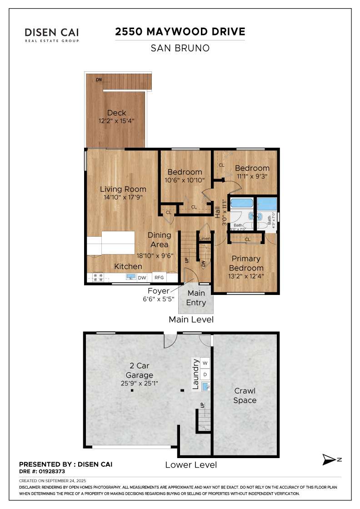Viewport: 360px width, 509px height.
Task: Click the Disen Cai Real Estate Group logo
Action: pyautogui.click(x=52, y=35)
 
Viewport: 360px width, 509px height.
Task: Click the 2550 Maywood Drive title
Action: pyautogui.click(x=180, y=32)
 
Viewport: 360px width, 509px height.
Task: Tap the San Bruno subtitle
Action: pyautogui.click(x=180, y=48)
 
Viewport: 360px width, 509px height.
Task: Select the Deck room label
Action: pyautogui.click(x=116, y=113)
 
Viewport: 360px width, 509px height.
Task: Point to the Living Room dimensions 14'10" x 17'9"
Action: pyautogui.click(x=123, y=197)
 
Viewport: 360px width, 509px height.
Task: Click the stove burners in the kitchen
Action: pyautogui.click(x=98, y=277)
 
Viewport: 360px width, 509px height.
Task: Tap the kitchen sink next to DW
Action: pyautogui.click(x=130, y=277)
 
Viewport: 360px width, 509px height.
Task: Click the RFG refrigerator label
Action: pyautogui.click(x=159, y=277)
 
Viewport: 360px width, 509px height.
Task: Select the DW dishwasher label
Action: pyautogui.click(x=142, y=277)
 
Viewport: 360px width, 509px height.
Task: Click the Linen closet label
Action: pyautogui.click(x=205, y=239)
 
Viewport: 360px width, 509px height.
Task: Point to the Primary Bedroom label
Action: pyautogui.click(x=246, y=263)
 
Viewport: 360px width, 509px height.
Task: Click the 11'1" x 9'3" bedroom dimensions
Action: pyautogui.click(x=252, y=176)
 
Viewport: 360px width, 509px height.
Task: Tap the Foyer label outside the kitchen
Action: pyautogui.click(x=158, y=291)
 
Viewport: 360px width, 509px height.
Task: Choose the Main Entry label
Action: pyautogui.click(x=196, y=298)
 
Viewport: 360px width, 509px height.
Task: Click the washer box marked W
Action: pyautogui.click(x=205, y=363)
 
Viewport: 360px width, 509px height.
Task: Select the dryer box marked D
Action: pyautogui.click(x=205, y=374)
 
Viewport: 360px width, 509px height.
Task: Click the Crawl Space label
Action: pyautogui.click(x=245, y=395)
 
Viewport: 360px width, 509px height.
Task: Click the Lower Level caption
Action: pyautogui.click(x=190, y=464)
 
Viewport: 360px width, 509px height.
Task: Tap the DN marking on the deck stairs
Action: pyautogui.click(x=99, y=80)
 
